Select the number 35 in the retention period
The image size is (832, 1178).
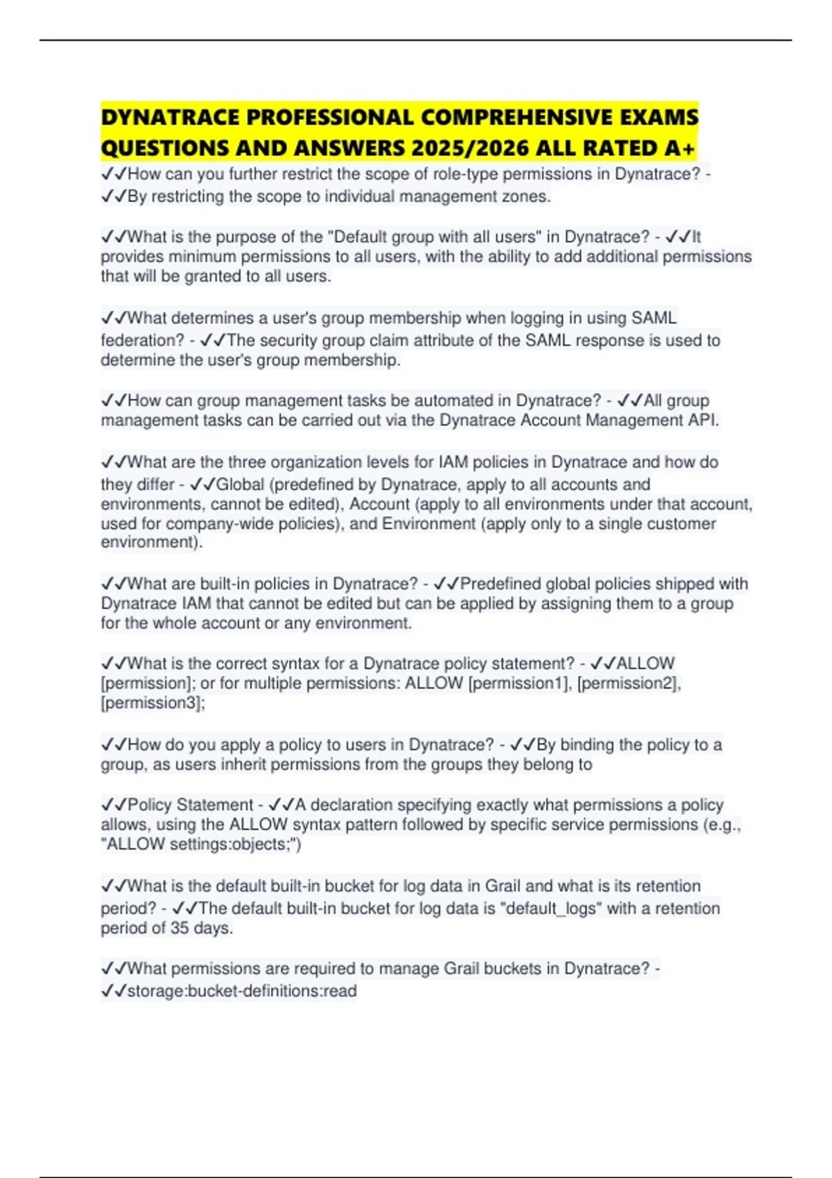click(180, 928)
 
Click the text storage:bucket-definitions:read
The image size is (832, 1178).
click(242, 991)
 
